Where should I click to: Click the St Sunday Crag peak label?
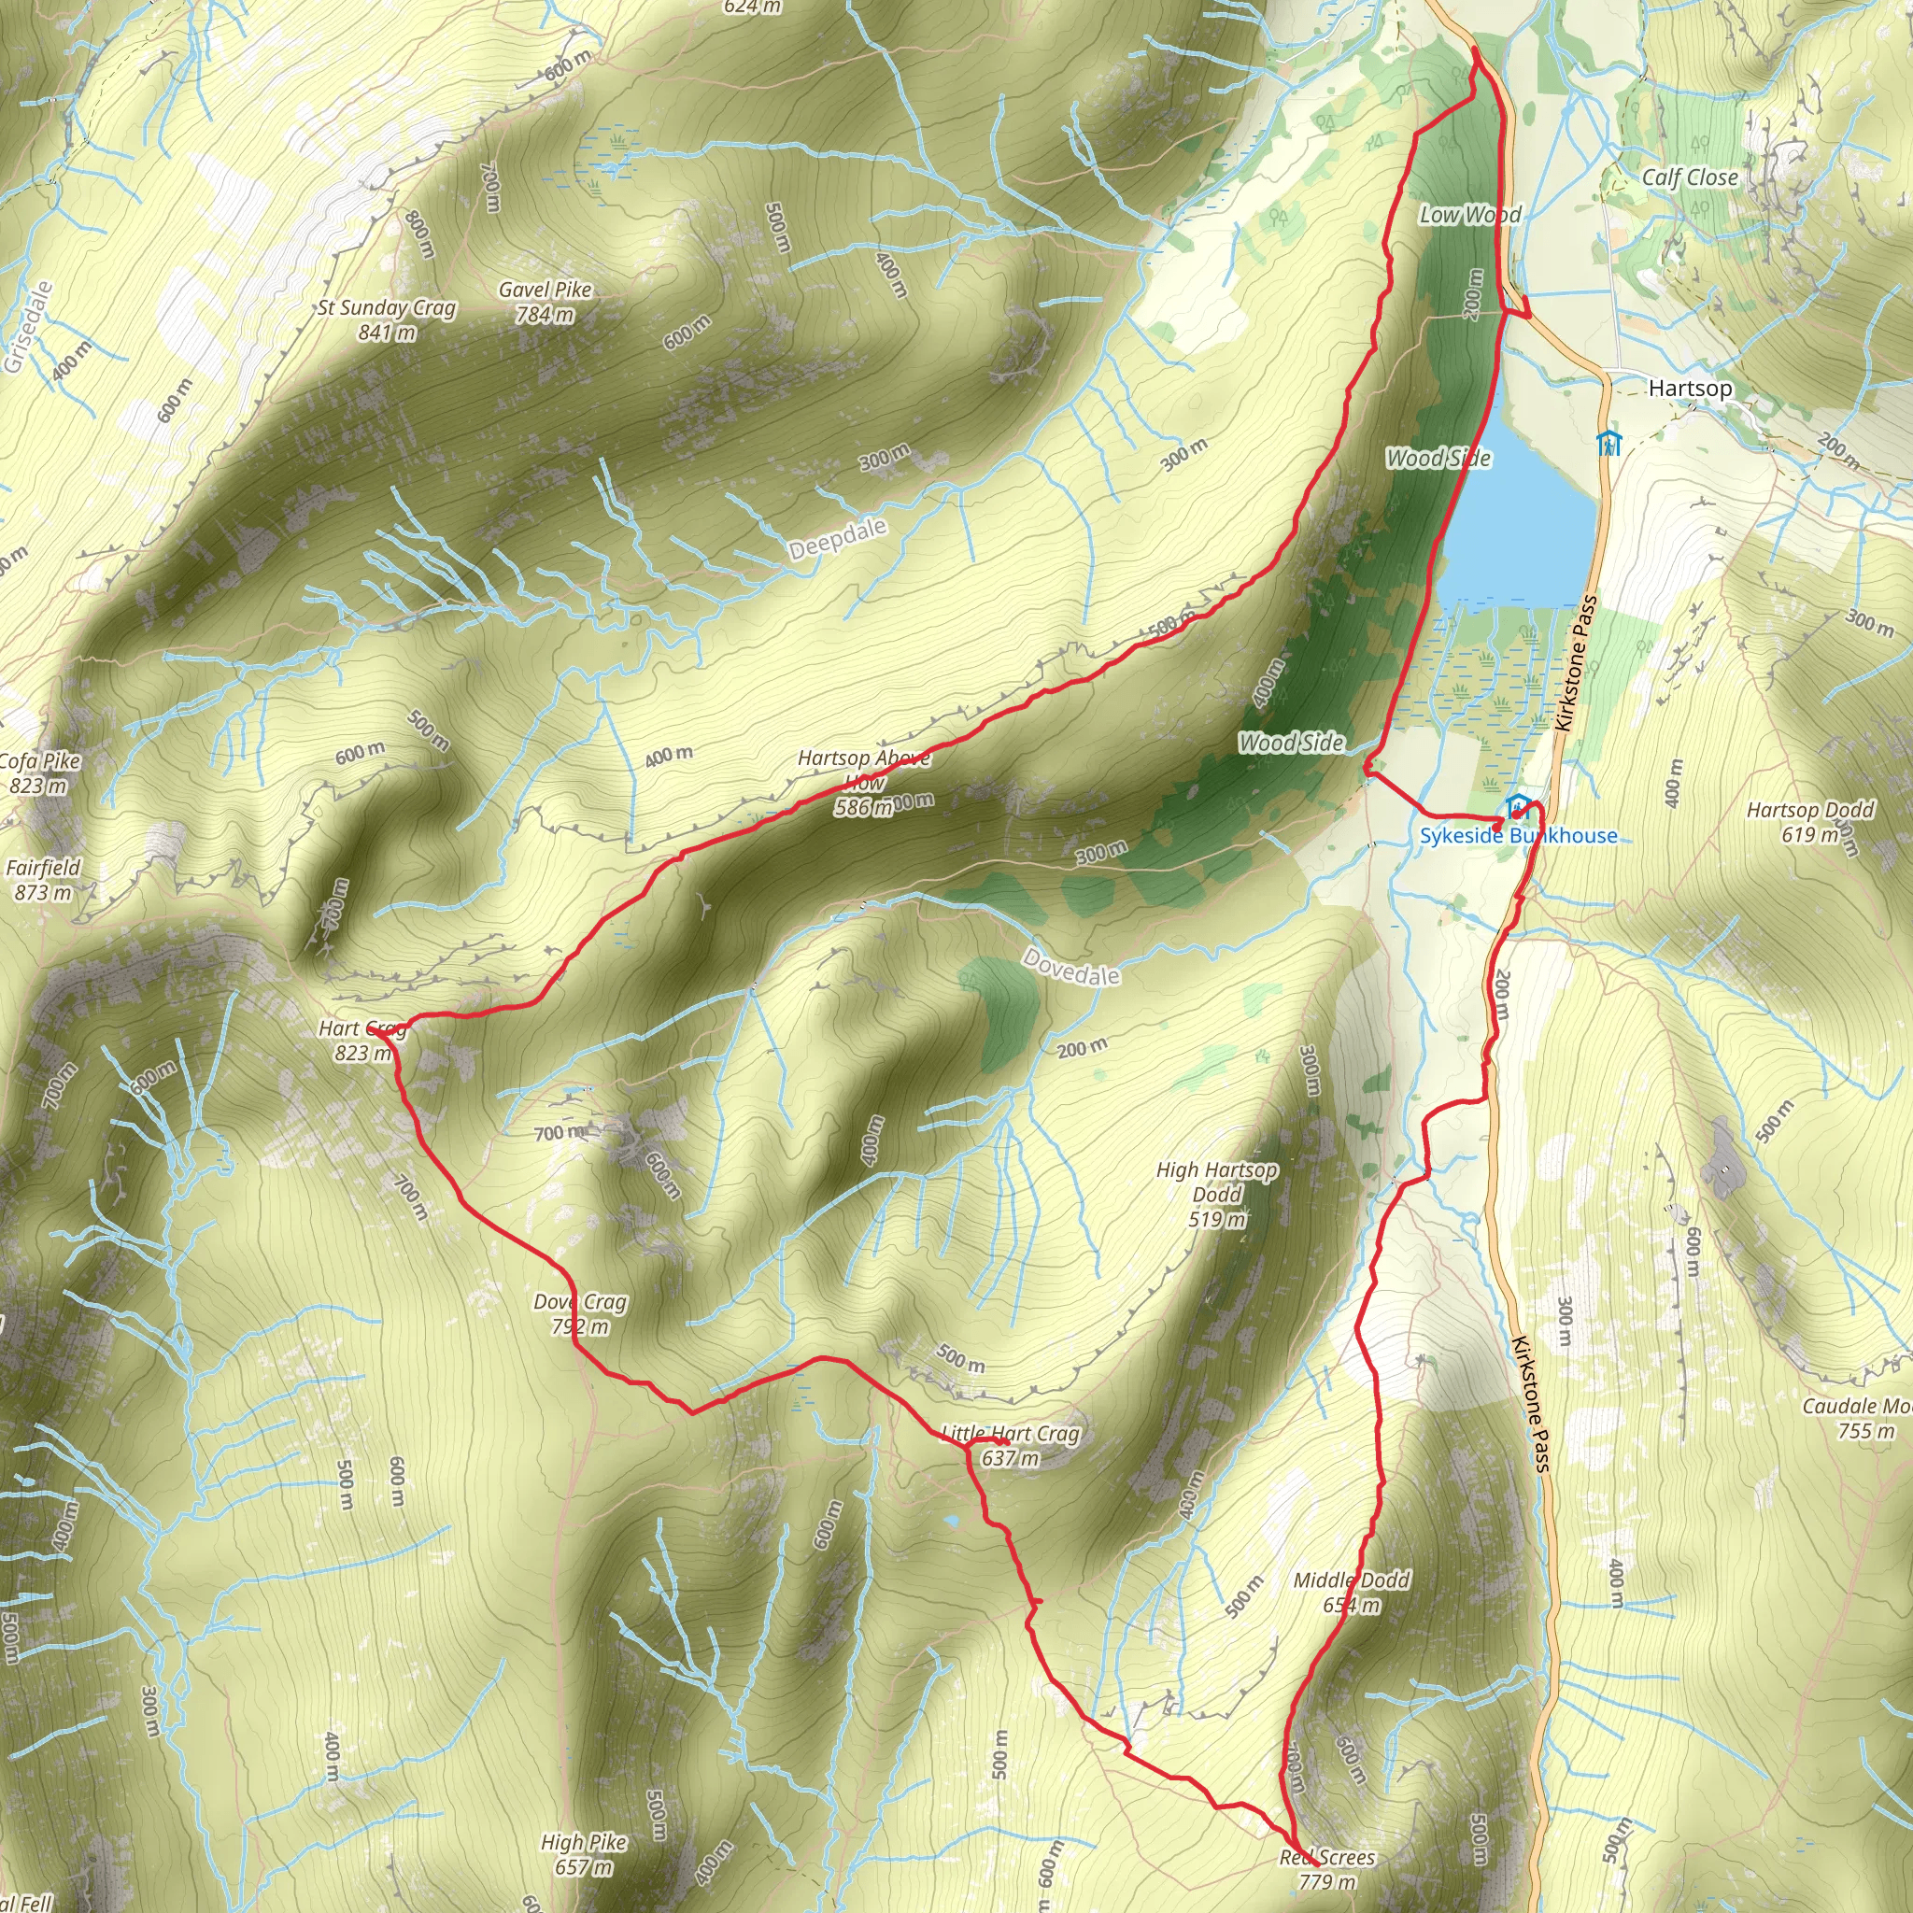[386, 319]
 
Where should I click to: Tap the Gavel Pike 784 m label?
[545, 301]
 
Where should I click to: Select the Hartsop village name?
[1689, 389]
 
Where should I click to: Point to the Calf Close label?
[1689, 177]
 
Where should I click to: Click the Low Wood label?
[1469, 214]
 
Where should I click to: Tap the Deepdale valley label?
[837, 539]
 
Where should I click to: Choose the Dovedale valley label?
[1071, 967]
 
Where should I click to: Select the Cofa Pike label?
[39, 772]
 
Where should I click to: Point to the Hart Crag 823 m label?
[362, 1041]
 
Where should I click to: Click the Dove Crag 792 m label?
[579, 1313]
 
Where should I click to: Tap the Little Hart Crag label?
[1010, 1445]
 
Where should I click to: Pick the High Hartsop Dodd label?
[1216, 1194]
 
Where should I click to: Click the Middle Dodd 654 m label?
[1351, 1591]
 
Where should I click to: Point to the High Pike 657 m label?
[583, 1854]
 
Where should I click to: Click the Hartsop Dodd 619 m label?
[1809, 822]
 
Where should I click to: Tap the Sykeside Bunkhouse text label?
[1518, 836]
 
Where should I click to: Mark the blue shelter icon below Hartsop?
[1609, 442]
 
